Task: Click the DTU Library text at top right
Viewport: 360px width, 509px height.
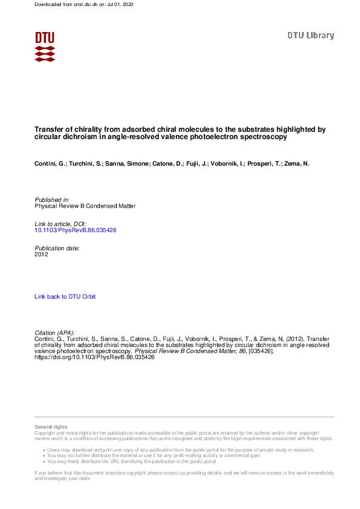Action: point(310,36)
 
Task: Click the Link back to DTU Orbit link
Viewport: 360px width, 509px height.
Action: point(65,296)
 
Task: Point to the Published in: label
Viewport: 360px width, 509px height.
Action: point(52,199)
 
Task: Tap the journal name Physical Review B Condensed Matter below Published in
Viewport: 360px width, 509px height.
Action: point(85,206)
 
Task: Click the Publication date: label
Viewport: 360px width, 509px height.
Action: point(57,248)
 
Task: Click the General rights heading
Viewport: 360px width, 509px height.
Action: point(51,427)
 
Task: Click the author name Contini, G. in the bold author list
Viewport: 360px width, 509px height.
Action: point(50,164)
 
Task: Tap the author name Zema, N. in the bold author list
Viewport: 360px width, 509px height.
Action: point(297,164)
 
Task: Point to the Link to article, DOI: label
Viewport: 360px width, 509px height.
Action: point(61,224)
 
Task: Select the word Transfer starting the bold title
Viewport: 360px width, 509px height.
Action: point(49,129)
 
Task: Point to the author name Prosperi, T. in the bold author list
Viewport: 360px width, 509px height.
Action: point(265,164)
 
